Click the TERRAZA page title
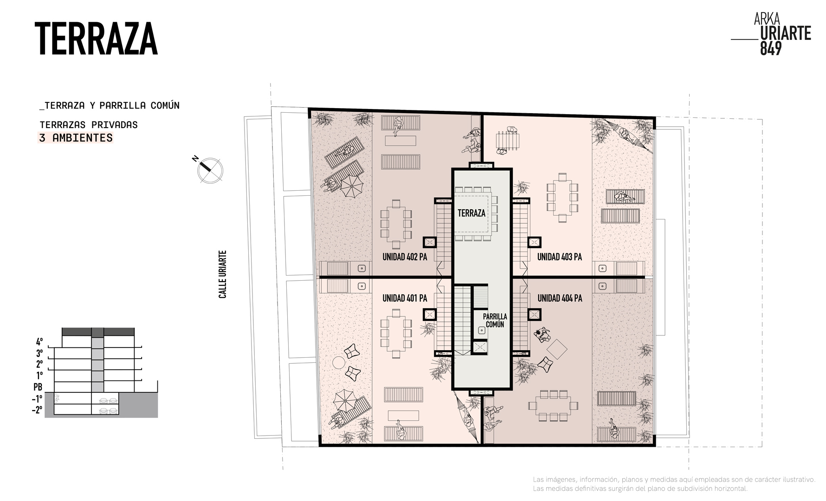[96, 39]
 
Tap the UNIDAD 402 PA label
[405, 257]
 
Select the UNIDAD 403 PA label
[559, 257]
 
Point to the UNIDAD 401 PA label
[405, 298]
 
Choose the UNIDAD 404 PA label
[560, 298]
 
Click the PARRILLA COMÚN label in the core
[495, 320]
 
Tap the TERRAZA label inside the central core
[471, 213]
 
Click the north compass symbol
[210, 170]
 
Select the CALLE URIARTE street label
[223, 274]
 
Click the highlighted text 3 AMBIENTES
[76, 138]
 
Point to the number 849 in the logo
[771, 48]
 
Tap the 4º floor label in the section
[39, 342]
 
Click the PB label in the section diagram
[38, 386]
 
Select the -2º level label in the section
[37, 410]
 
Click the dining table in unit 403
[562, 197]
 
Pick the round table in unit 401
[339, 362]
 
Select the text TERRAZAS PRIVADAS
[89, 125]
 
